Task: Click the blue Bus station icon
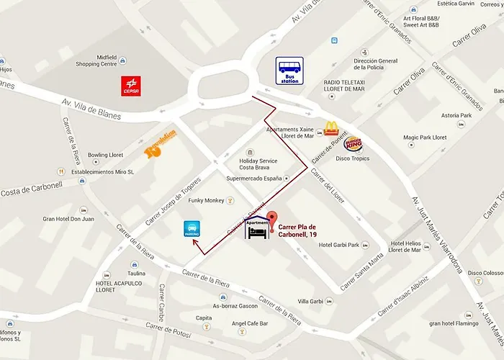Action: point(289,71)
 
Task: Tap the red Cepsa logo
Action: point(131,86)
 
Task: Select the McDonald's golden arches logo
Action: point(331,128)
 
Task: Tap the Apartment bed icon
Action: point(257,230)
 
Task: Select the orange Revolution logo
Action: point(160,149)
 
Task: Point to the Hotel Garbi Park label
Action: point(338,245)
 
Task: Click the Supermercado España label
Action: point(252,177)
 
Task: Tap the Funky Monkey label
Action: point(206,200)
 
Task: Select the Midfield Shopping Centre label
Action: point(96,60)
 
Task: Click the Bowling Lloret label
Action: point(105,155)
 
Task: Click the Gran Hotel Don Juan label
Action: point(68,218)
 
